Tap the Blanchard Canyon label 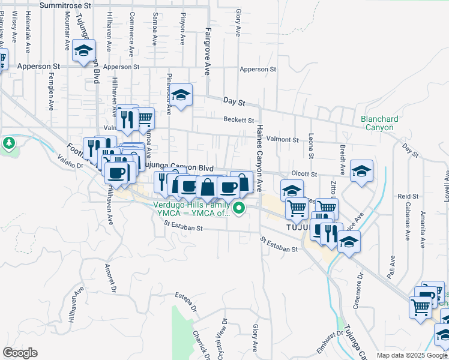379,123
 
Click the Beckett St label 239,119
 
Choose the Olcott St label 304,173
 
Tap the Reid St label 408,196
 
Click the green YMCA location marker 239,209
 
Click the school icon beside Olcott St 362,170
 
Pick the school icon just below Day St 180,95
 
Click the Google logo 20,353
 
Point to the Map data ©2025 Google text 412,355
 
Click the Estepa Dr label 187,301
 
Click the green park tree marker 8,143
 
